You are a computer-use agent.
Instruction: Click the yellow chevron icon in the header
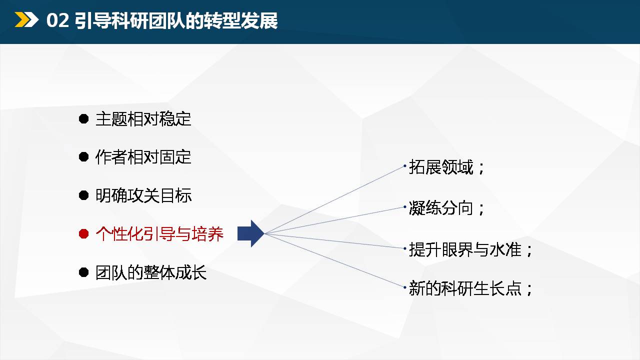[26, 19]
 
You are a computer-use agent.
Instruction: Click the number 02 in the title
[57, 20]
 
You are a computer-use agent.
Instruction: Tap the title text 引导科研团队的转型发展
[176, 20]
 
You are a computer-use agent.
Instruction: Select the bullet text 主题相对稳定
[143, 119]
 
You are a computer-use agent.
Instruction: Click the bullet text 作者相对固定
[143, 157]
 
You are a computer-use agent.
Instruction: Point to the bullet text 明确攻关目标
[143, 195]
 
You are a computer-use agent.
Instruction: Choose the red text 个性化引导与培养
[159, 233]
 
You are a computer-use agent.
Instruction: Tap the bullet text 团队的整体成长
[151, 272]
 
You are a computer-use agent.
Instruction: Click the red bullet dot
[83, 233]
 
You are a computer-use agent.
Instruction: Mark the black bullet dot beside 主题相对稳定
[83, 118]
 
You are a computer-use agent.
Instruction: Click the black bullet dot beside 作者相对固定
[83, 157]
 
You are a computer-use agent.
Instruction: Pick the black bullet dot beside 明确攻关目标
[83, 195]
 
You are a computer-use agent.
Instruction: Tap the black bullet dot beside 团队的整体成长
[83, 272]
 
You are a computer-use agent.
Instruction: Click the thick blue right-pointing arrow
[251, 233]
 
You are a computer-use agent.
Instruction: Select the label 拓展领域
[441, 167]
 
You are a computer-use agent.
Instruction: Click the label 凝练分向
[441, 207]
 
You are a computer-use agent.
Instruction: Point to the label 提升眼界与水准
[465, 249]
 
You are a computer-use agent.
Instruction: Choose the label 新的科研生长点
[465, 288]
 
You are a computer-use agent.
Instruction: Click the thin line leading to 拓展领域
[335, 199]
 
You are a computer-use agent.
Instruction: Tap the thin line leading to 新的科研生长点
[335, 260]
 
